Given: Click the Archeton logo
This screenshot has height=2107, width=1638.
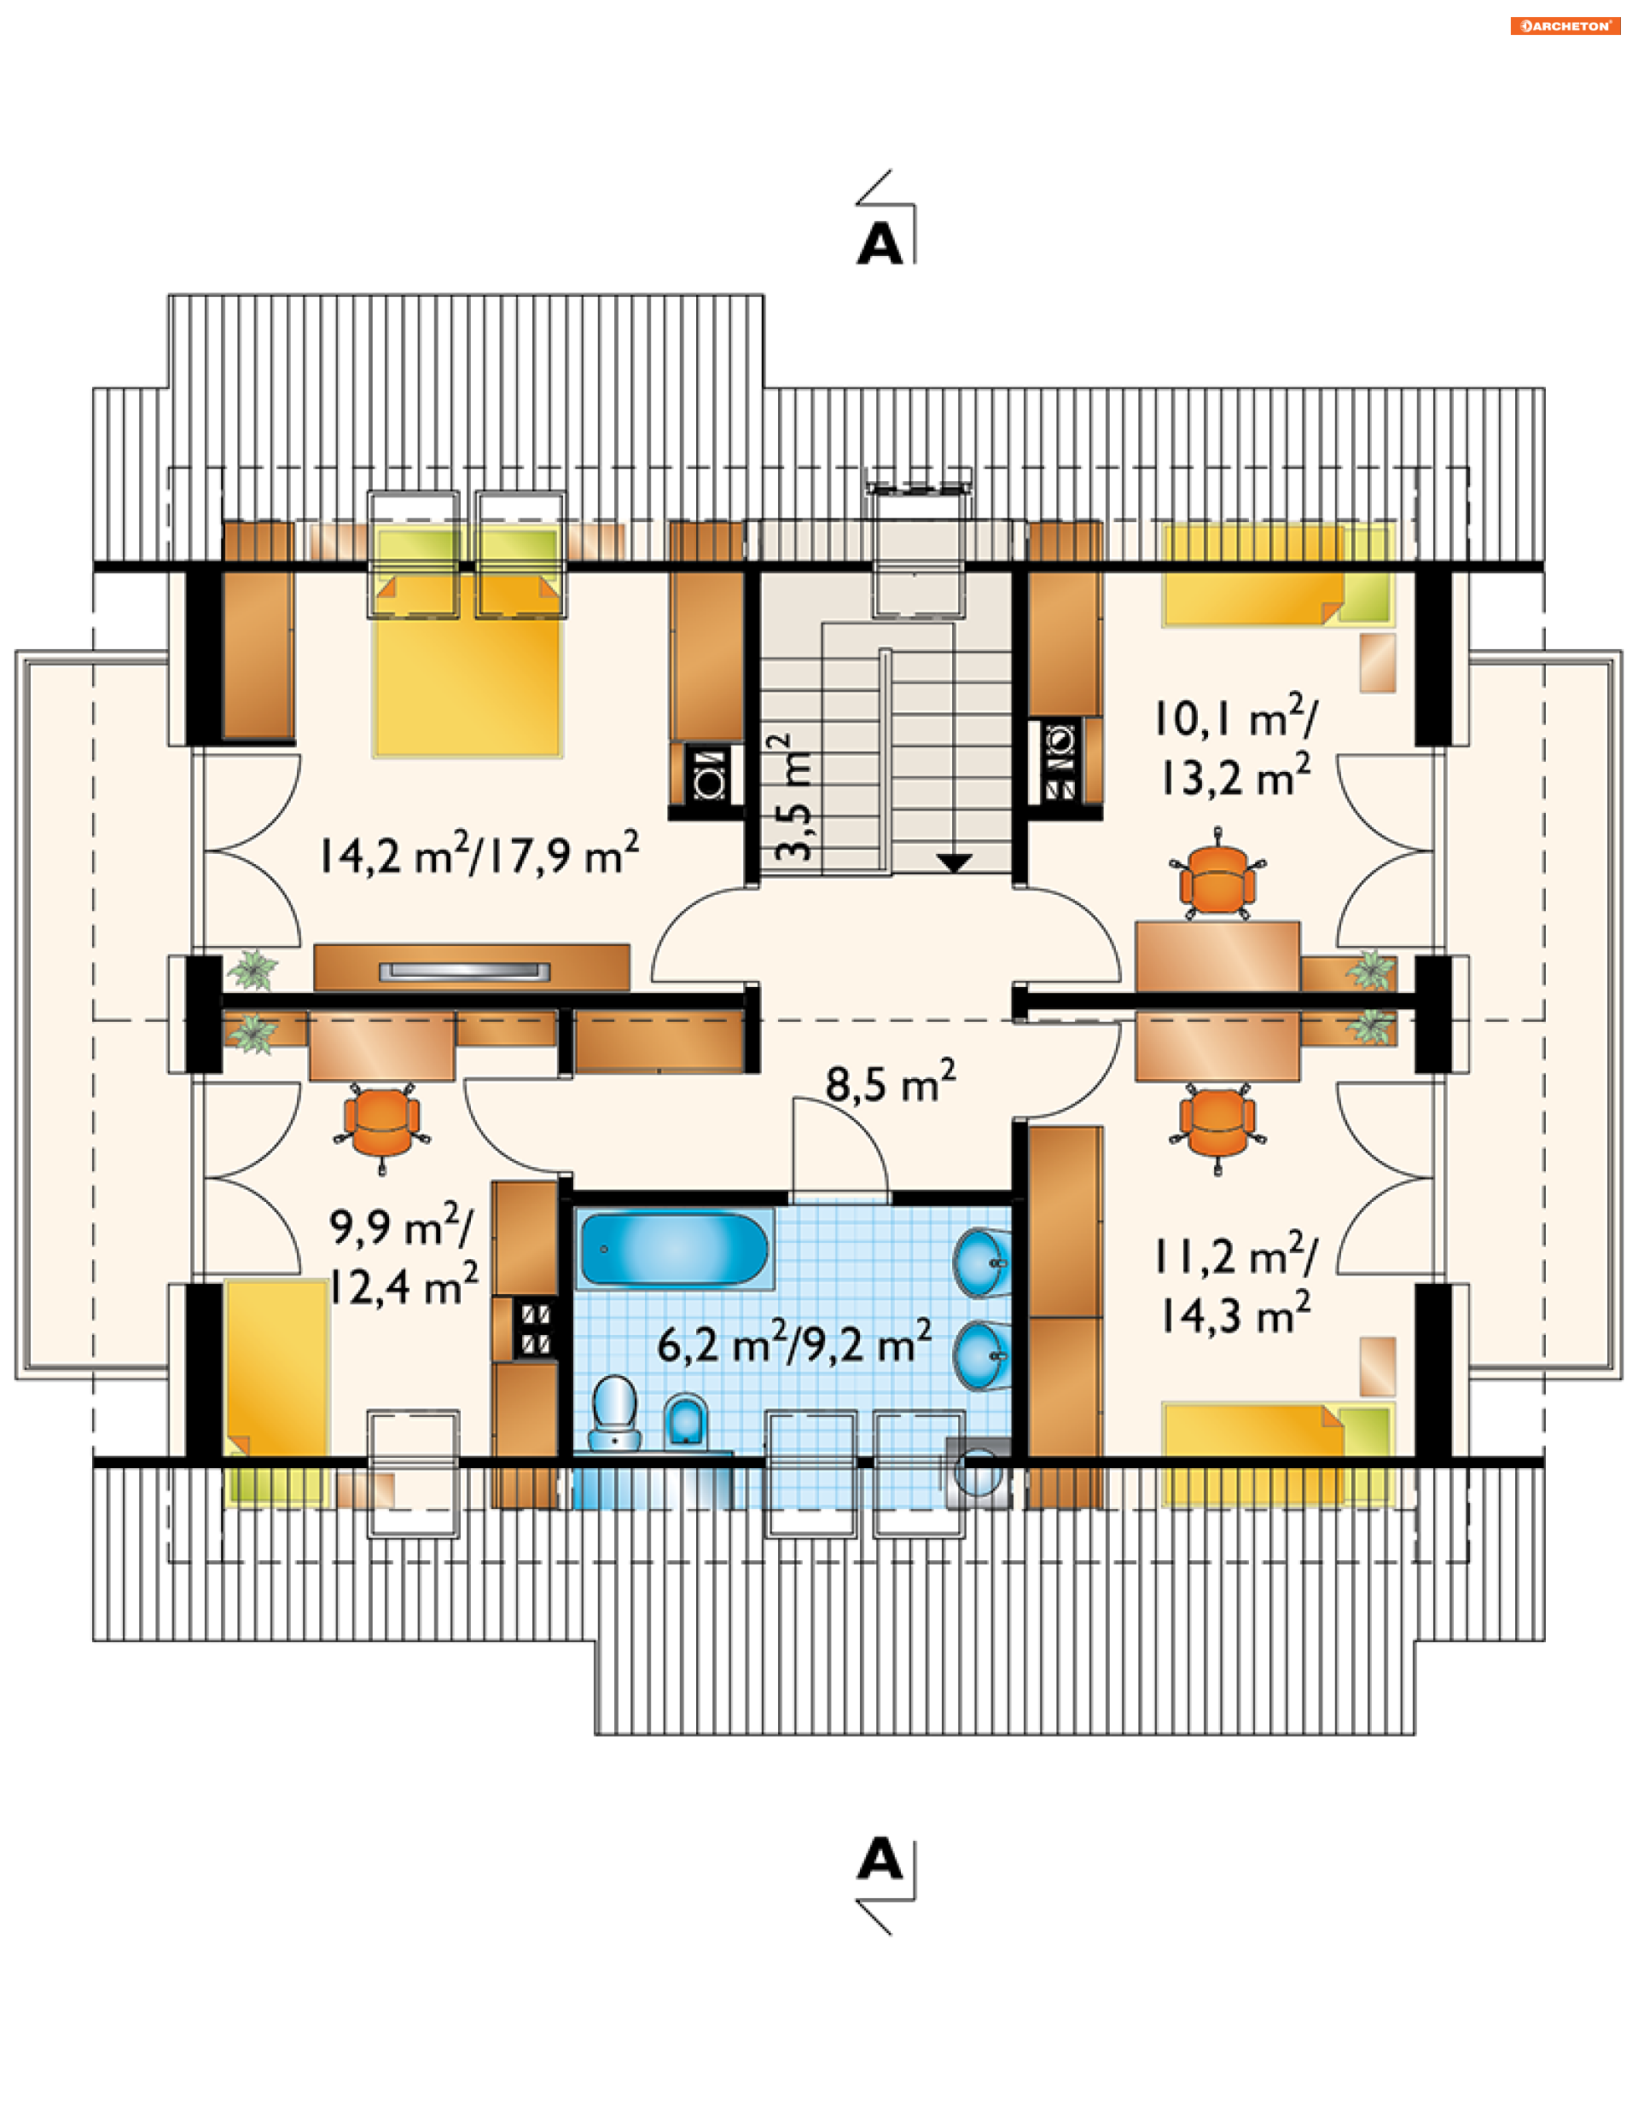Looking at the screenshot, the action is [x=1565, y=26].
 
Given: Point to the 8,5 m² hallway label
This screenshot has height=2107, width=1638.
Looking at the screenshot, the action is [x=891, y=1082].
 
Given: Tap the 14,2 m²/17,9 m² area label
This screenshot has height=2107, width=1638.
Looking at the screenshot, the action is [x=479, y=853].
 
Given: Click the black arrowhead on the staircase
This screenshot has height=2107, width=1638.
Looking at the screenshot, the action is [x=954, y=862].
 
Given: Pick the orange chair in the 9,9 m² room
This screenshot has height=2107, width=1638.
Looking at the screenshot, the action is [x=382, y=1121].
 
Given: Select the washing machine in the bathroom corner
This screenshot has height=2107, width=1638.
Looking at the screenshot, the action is [x=979, y=1472].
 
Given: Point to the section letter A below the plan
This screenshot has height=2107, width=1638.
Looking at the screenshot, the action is [x=880, y=1858].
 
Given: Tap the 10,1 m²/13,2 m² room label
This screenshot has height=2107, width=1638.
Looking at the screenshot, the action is [x=1235, y=746].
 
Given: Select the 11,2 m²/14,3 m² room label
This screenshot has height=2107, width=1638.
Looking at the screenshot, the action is [x=1235, y=1284].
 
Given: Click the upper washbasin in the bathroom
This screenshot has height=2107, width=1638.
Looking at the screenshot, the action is [x=982, y=1262].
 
